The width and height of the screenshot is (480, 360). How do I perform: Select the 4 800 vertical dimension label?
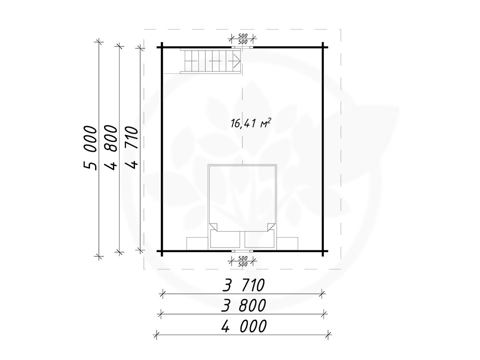click(111, 147)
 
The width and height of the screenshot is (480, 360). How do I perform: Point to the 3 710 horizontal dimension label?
click(243, 285)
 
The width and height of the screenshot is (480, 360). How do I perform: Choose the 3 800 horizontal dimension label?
click(244, 305)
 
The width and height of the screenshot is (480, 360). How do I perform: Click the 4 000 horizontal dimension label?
click(244, 326)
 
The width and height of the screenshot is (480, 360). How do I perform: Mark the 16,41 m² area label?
click(251, 123)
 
